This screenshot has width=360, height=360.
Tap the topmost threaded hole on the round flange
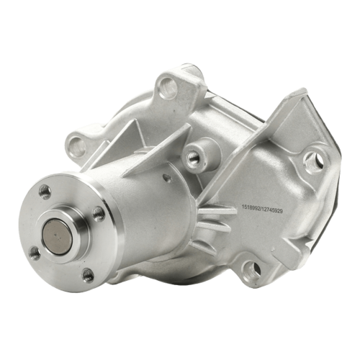(x=45, y=192)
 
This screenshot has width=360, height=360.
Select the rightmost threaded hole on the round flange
(x=99, y=213)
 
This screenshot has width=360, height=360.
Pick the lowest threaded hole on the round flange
(x=88, y=275)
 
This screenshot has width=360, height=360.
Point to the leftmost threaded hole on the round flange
(x=35, y=253)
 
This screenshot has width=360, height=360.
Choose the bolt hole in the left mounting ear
(x=78, y=145)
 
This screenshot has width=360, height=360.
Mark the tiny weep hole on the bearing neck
(x=166, y=178)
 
